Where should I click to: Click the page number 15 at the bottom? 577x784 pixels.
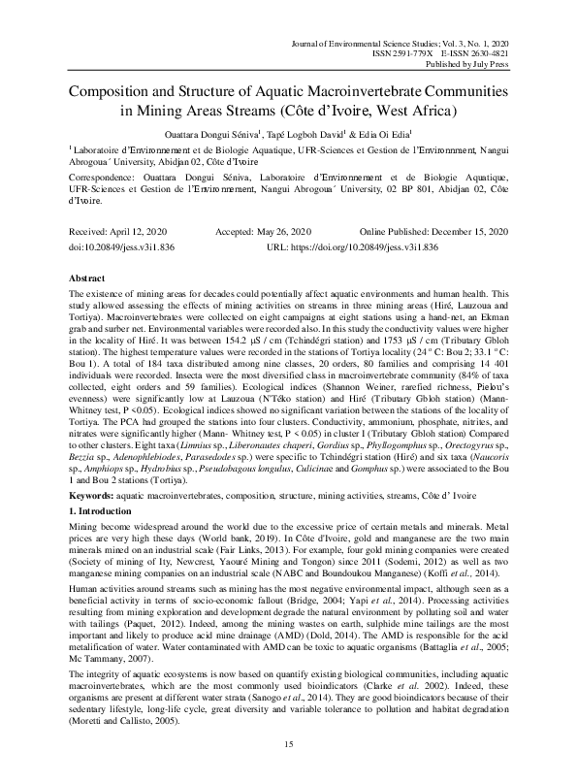click(288, 743)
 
